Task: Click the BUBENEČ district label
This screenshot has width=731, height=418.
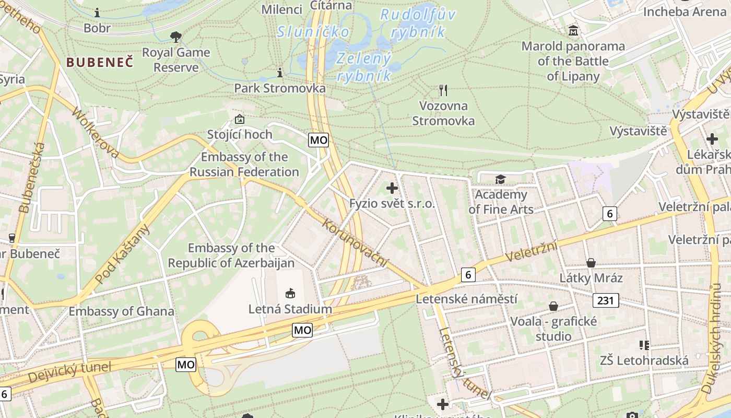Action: [100, 62]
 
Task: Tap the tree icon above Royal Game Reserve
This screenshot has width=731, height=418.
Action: [176, 37]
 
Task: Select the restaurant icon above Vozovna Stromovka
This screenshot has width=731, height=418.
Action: [443, 90]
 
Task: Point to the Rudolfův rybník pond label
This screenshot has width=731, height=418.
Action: [417, 23]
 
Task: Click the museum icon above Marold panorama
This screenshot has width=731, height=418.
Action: [573, 31]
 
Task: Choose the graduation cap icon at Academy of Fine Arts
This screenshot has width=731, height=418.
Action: [501, 180]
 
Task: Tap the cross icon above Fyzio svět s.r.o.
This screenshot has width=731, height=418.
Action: [392, 188]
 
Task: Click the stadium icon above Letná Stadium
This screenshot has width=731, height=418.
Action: [290, 294]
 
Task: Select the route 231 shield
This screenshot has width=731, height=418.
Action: [606, 300]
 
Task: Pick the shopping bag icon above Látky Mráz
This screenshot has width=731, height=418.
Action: [591, 262]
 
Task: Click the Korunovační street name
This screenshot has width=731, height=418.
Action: [356, 243]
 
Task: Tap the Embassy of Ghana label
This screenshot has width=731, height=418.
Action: [122, 311]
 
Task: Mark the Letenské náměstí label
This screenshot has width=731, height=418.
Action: [466, 299]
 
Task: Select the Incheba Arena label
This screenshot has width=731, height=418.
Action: [685, 11]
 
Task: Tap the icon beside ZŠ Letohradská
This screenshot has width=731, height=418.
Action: [644, 345]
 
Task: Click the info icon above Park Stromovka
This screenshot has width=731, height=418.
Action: [280, 72]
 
